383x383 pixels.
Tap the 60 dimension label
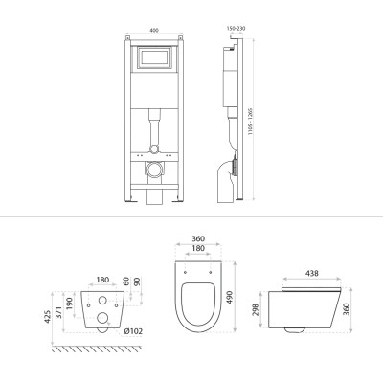tap(125, 283)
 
